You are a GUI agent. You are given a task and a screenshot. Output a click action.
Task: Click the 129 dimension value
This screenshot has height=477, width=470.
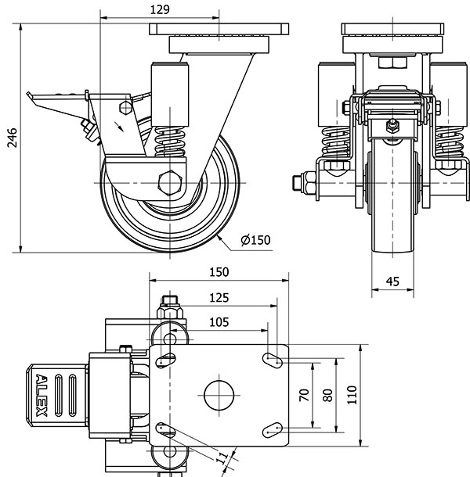[159, 9]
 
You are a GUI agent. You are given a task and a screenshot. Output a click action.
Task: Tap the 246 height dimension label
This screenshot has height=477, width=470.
[11, 138]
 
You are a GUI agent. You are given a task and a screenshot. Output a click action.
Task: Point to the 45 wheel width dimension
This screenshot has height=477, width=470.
[393, 282]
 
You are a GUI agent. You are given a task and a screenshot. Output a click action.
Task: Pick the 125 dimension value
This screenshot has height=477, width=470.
[219, 298]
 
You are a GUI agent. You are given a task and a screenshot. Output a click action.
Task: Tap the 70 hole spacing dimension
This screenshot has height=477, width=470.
[305, 395]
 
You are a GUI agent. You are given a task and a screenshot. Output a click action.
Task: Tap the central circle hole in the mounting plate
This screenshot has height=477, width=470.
[219, 395]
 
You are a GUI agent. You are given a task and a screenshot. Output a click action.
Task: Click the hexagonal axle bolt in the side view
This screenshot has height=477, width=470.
[170, 181]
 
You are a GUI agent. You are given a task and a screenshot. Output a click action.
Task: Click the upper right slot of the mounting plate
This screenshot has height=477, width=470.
[271, 359]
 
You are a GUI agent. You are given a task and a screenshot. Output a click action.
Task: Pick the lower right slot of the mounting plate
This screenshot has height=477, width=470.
[271, 429]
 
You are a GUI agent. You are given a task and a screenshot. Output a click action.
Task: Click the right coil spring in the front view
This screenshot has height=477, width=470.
[449, 145]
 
